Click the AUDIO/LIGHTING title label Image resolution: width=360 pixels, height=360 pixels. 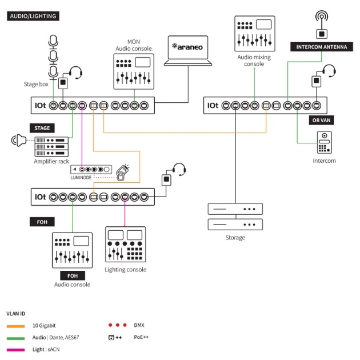click(33, 16)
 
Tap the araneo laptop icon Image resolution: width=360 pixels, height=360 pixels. click(188, 51)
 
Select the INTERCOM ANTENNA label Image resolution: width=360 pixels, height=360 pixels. click(322, 47)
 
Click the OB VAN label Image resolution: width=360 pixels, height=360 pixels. click(321, 121)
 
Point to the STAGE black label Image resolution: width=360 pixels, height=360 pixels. click(42, 128)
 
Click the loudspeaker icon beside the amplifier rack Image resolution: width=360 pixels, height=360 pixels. click(19, 140)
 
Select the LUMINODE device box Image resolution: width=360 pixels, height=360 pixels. click(91, 170)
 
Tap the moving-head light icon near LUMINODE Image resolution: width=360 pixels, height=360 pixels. click(123, 173)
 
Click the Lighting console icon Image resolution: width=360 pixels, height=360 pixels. click(125, 245)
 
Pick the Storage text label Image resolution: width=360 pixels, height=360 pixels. click(235, 238)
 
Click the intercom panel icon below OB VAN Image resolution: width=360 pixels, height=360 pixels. click(325, 143)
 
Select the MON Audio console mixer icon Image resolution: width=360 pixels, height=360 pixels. click(134, 71)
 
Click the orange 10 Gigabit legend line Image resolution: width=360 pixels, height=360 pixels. click(15, 326)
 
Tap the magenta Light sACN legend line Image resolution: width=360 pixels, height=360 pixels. click(15, 350)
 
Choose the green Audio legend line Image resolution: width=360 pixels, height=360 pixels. click(15, 338)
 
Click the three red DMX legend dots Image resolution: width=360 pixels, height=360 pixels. click(118, 325)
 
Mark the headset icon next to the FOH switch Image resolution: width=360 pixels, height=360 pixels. click(179, 170)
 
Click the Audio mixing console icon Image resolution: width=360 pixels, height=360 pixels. click(255, 34)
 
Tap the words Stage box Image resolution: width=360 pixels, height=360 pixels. click(36, 84)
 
